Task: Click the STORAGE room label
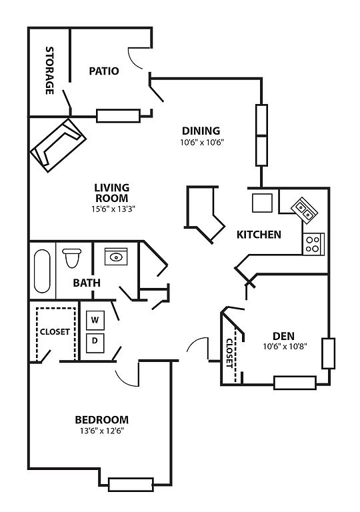[x=49, y=71]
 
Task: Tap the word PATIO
[x=104, y=71]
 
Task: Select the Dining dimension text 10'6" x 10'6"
[x=201, y=143]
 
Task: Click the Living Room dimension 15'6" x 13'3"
[x=113, y=209]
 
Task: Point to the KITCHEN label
[x=259, y=235]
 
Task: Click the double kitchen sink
[x=305, y=211]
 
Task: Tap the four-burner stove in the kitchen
[x=313, y=244]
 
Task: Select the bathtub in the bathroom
[x=42, y=271]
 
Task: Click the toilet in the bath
[x=71, y=258]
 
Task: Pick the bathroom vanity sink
[x=116, y=257]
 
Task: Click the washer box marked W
[x=95, y=320]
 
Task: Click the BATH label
[x=87, y=283]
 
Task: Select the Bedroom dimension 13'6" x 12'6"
[x=102, y=431]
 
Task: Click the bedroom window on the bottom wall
[x=131, y=485]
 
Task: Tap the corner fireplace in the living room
[x=58, y=145]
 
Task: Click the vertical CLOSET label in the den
[x=229, y=353]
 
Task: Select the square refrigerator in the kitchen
[x=262, y=203]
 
